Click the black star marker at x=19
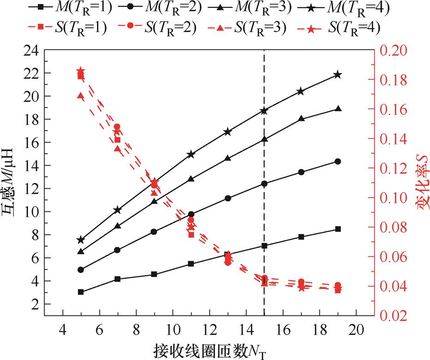[338, 75]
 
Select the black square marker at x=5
[81, 292]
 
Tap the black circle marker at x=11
[191, 214]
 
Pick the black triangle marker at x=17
[301, 118]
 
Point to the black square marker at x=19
[338, 229]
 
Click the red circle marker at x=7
[117, 127]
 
